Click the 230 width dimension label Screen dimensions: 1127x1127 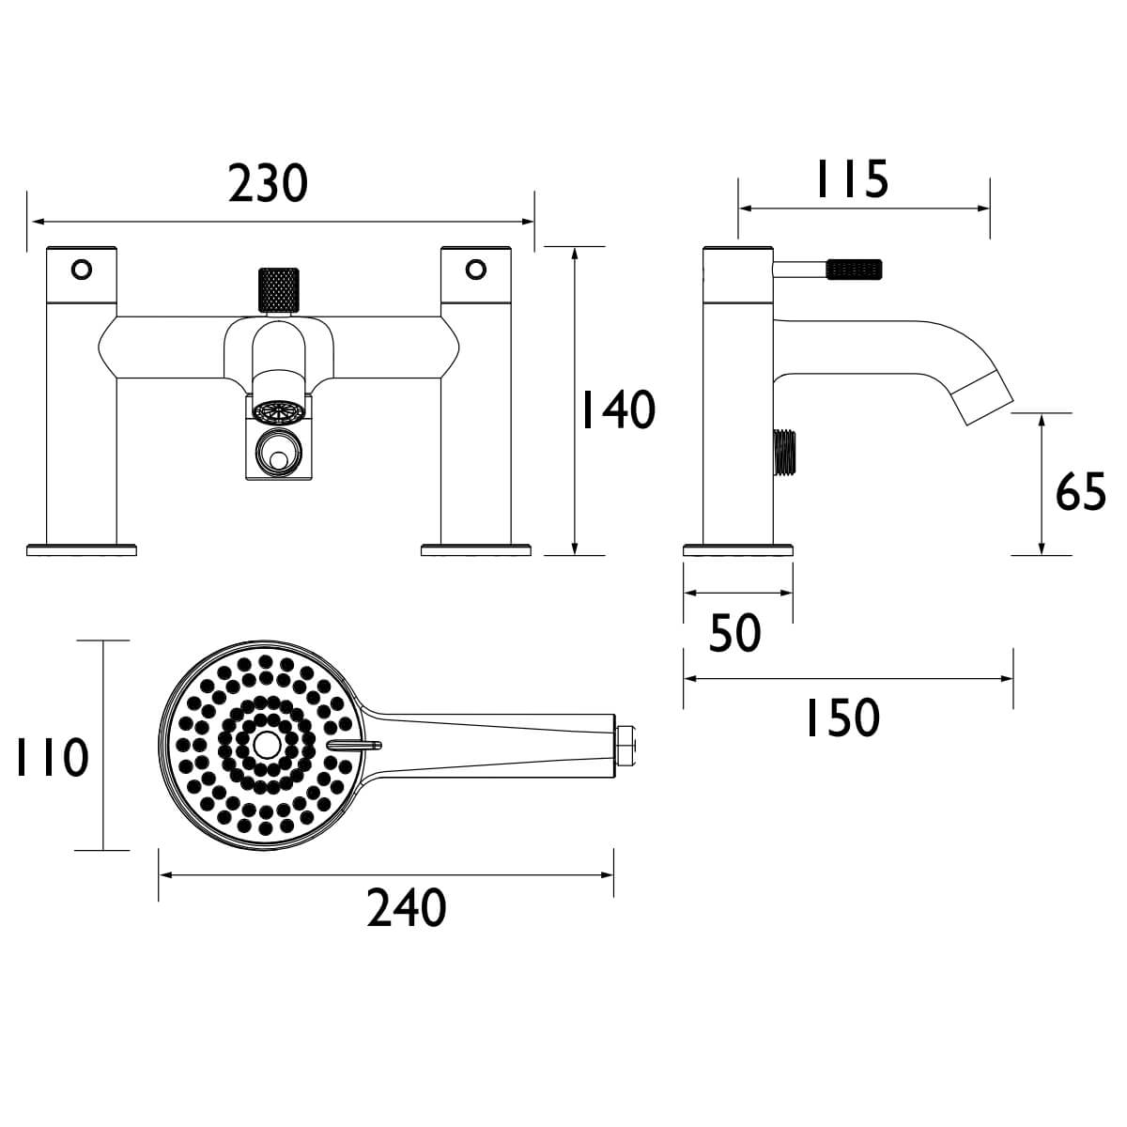click(268, 183)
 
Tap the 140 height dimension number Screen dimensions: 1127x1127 click(616, 410)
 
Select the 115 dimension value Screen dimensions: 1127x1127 click(851, 179)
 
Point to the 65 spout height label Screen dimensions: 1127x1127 click(1081, 491)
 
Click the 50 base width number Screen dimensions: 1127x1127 click(734, 633)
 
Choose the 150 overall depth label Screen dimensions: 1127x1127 click(842, 718)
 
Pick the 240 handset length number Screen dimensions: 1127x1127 click(406, 908)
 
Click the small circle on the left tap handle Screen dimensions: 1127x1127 click(82, 270)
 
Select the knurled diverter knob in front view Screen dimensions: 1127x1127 click(277, 289)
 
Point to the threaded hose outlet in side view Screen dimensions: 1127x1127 click(782, 454)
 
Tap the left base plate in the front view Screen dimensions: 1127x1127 click(82, 548)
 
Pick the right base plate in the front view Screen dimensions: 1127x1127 click(476, 548)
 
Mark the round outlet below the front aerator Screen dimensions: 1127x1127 click(276, 458)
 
